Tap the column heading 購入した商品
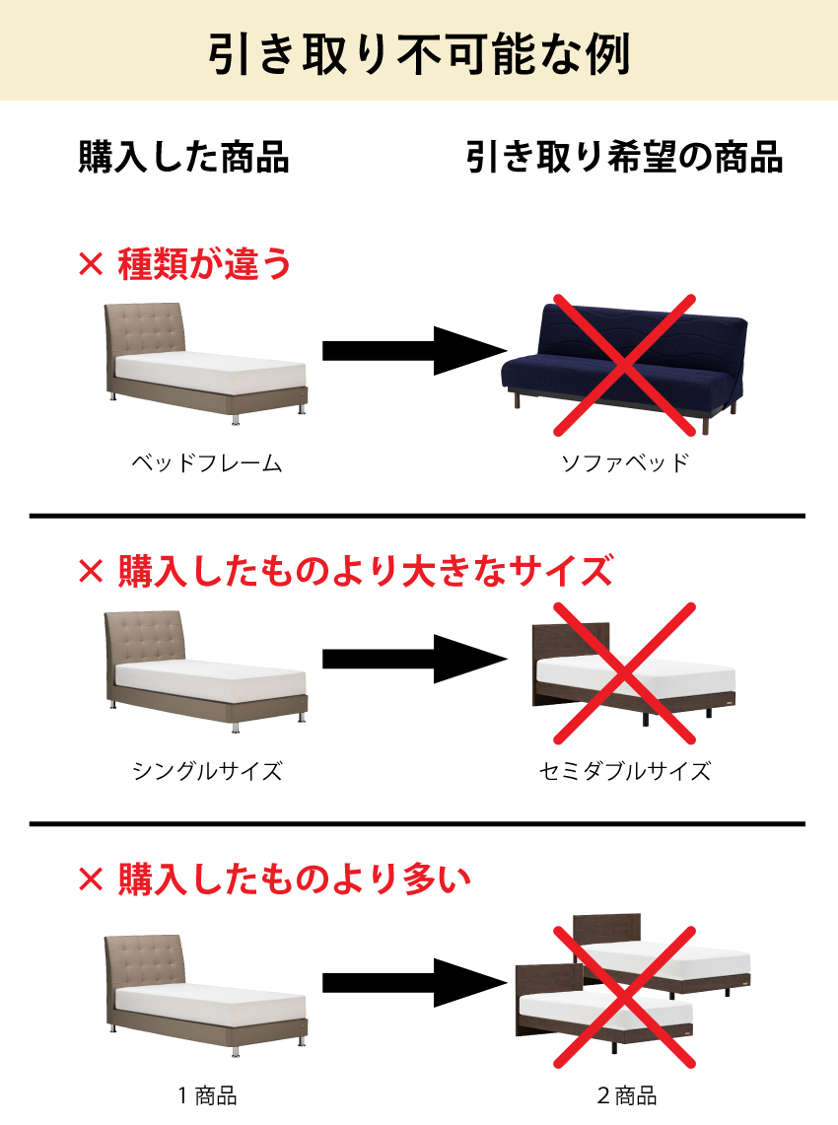tap(184, 158)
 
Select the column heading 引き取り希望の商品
tap(625, 158)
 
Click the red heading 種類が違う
tap(185, 264)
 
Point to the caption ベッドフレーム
tap(207, 462)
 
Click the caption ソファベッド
tap(625, 462)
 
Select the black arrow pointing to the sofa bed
tap(414, 351)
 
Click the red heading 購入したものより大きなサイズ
tap(345, 571)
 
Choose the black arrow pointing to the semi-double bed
tap(414, 659)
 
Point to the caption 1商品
tap(207, 1094)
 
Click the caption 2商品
tap(625, 1094)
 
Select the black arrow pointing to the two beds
tap(414, 982)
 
